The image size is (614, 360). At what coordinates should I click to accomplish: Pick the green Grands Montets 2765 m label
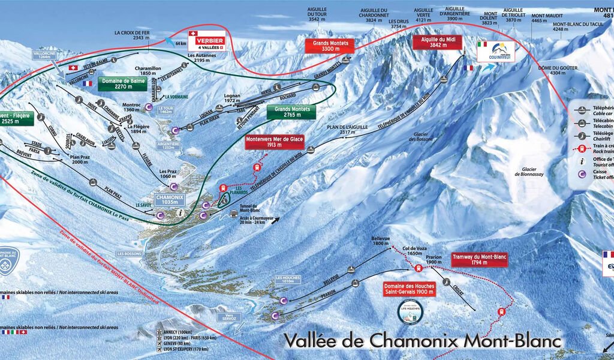tap(293, 112)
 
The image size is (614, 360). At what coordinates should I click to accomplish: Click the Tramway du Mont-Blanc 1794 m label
tap(480, 259)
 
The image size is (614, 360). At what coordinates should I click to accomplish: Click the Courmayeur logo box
tap(495, 50)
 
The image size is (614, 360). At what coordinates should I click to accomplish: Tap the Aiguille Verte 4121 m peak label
tap(423, 15)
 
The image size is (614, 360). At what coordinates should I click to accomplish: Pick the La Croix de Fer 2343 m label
tap(133, 35)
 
